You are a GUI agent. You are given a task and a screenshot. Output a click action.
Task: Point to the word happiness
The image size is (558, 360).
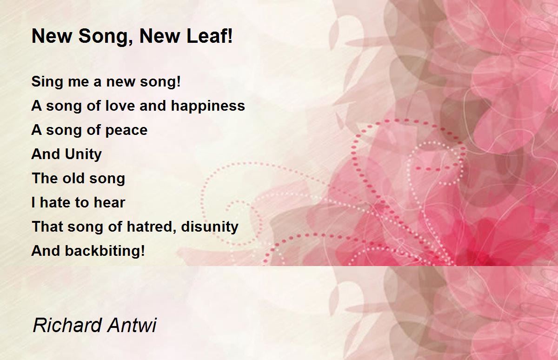point(208,107)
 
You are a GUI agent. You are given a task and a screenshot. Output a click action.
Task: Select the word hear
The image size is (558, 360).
point(109,202)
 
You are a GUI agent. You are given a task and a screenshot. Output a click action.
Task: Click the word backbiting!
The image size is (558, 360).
point(105,251)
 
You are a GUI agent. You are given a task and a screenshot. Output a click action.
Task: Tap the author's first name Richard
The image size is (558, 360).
point(67,325)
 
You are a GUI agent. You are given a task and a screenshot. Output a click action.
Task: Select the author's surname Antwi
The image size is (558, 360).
point(132,325)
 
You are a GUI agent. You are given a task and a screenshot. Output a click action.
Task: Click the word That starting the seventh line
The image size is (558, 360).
point(47,227)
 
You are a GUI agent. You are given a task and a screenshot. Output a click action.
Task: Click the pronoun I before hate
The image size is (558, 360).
point(33,202)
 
